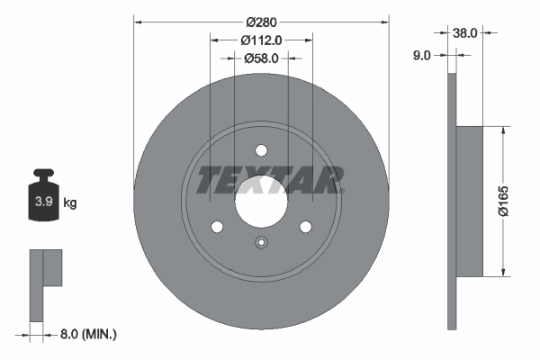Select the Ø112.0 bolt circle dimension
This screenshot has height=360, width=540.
pos(262,39)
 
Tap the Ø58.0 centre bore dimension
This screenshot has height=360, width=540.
pos(262,58)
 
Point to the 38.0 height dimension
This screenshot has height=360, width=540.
pos(464,32)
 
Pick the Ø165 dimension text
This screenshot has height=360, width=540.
pos(516,200)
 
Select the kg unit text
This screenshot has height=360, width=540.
pos(70,202)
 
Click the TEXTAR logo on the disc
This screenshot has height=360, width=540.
pos(269,179)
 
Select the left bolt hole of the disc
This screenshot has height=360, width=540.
pos(217,226)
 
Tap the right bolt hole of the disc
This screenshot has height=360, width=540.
pos(305,226)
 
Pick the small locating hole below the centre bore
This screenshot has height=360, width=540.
pos(261,241)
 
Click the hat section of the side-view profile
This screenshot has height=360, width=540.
pos(471,200)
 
